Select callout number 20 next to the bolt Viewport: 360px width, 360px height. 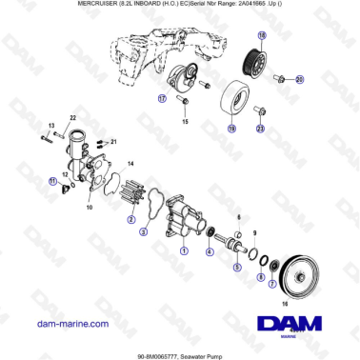click(x=298, y=78)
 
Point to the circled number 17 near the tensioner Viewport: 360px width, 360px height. click(x=162, y=97)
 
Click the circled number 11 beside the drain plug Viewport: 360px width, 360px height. click(x=53, y=178)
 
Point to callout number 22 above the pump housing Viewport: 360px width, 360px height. click(x=70, y=117)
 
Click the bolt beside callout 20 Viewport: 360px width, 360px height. click(x=279, y=78)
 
